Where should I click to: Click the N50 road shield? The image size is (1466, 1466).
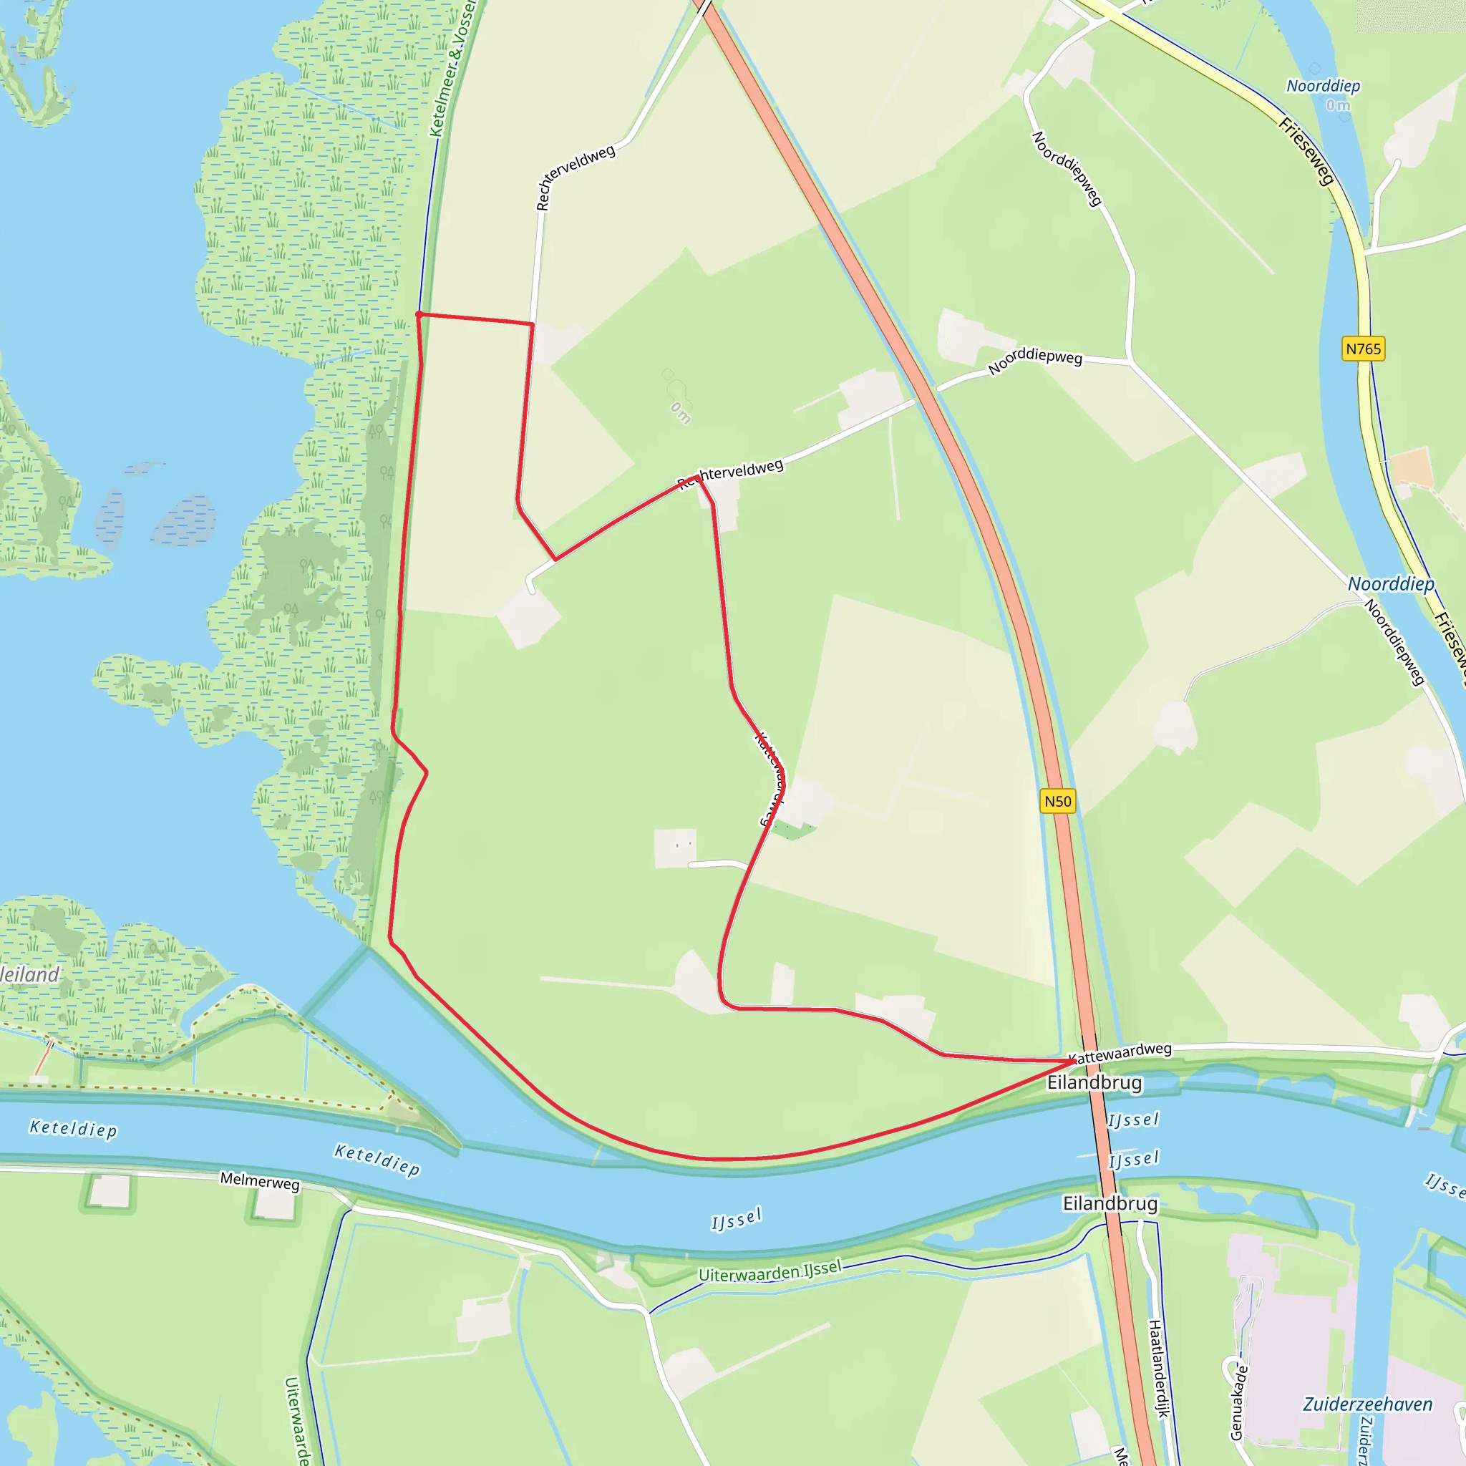[1058, 801]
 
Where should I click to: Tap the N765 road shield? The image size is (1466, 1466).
[1363, 349]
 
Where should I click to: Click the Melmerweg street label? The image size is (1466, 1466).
[260, 1181]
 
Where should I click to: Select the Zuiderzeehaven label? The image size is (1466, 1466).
[1367, 1404]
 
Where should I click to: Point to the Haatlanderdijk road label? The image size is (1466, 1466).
[1158, 1368]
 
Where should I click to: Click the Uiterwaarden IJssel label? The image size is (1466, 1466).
[770, 1271]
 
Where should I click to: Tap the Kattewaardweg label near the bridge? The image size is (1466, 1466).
[1120, 1052]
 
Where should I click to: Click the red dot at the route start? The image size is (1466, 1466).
[419, 314]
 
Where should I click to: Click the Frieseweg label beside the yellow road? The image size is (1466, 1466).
[1306, 151]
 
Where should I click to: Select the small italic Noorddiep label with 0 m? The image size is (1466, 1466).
[1324, 87]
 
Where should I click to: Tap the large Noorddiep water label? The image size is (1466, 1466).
[1391, 584]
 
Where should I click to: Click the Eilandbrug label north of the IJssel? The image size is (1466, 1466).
[1094, 1083]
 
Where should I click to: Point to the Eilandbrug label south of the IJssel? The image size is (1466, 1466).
[1110, 1203]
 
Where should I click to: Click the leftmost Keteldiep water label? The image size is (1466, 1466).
[74, 1129]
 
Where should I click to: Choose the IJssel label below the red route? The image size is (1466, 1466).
[736, 1219]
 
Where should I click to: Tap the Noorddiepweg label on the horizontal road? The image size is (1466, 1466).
[1035, 361]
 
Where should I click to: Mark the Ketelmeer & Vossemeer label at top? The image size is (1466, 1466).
[452, 68]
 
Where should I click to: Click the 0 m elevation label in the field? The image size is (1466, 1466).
[681, 413]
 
